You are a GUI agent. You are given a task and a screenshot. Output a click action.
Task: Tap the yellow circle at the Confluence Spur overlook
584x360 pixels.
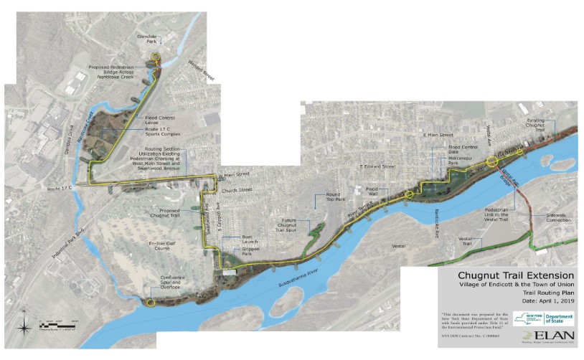coord(150,303)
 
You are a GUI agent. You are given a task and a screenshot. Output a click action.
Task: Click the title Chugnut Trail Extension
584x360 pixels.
coord(515,275)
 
